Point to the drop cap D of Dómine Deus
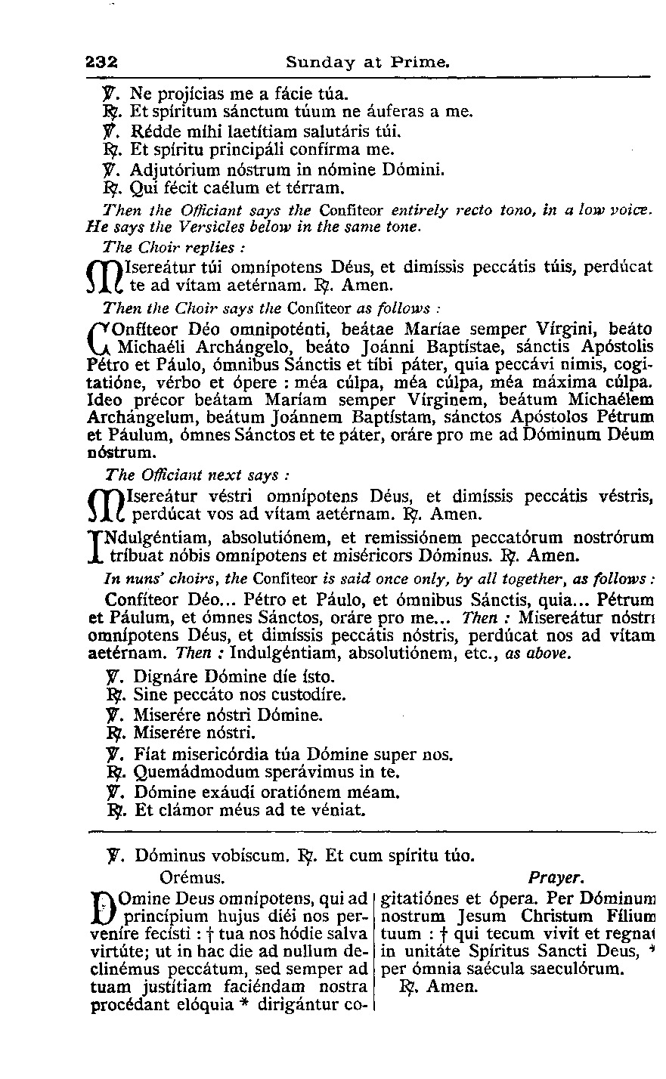(x=104, y=907)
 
